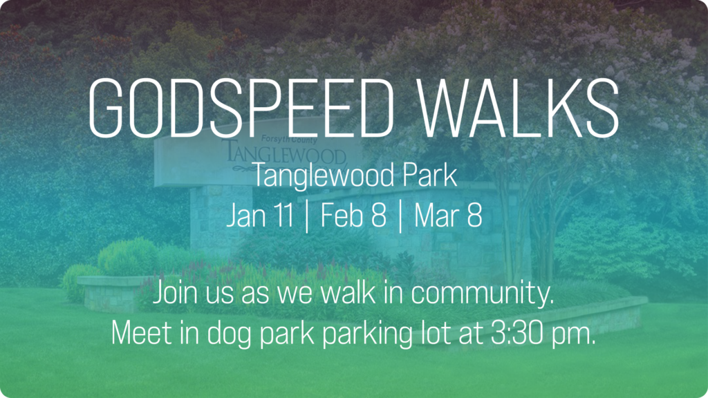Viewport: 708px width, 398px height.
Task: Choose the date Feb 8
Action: (353, 216)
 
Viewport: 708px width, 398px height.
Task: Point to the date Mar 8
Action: (447, 216)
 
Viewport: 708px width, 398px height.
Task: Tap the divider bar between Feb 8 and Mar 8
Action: (400, 216)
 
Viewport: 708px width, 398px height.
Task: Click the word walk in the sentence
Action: (350, 293)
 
